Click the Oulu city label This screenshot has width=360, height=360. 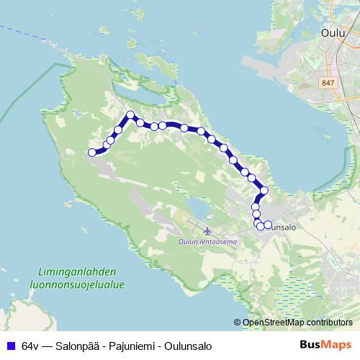point(333,32)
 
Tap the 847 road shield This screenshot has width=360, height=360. point(329,84)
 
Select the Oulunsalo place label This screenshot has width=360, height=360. point(281,226)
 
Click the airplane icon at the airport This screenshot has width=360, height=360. point(208,231)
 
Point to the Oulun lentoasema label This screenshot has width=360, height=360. point(207,242)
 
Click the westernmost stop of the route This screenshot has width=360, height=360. point(92,152)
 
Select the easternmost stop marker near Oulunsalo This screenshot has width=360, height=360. point(268,225)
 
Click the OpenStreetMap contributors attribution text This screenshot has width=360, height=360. point(297,322)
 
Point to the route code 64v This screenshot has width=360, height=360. point(30,345)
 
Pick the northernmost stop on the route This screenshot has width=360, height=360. point(130,114)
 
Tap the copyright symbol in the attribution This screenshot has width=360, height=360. point(238,322)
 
